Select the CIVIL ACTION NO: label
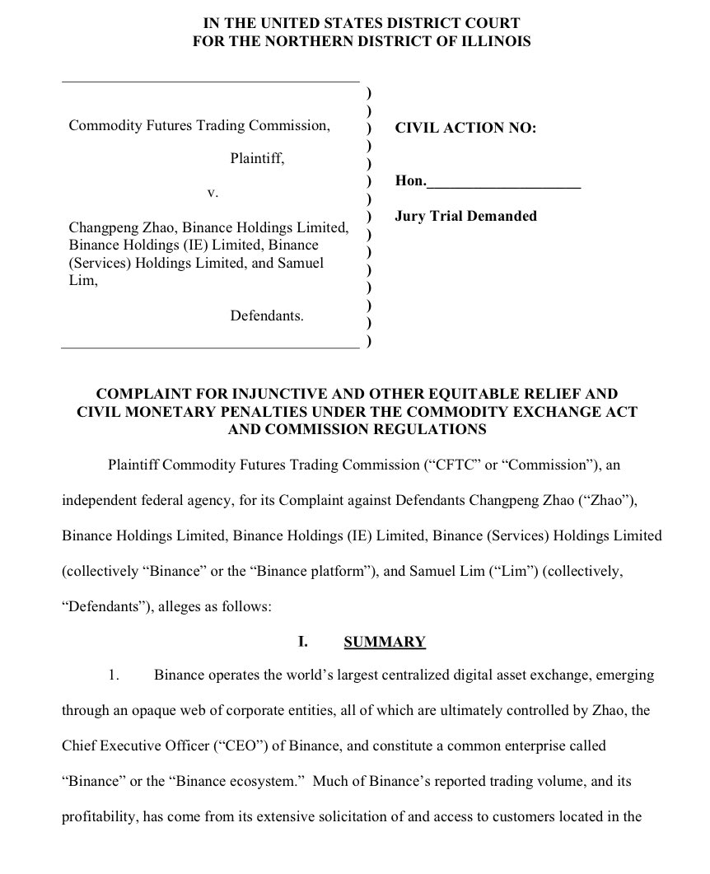click(x=465, y=128)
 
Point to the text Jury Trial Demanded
click(x=465, y=216)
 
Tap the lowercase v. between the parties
click(x=212, y=192)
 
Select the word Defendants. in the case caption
click(x=267, y=315)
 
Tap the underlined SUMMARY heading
click(x=385, y=642)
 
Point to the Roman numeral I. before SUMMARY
click(x=302, y=642)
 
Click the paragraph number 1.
click(x=114, y=675)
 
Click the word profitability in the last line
click(x=98, y=817)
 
